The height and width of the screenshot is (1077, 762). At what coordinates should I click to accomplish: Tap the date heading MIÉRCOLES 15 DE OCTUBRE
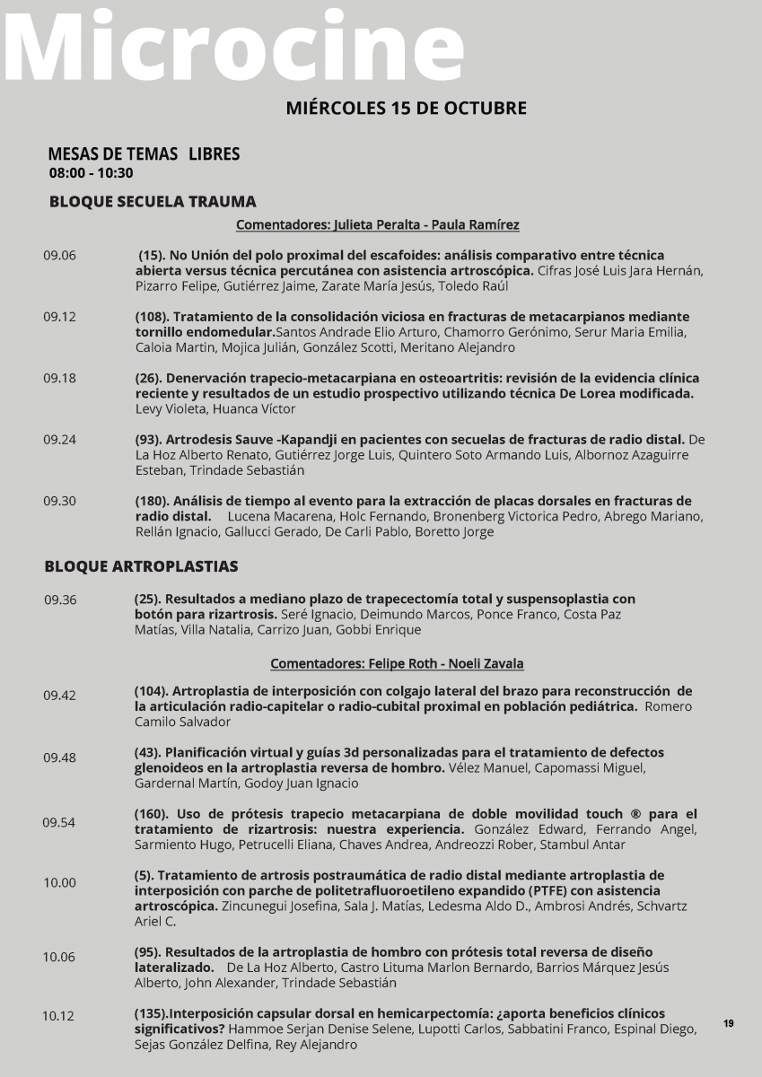406,108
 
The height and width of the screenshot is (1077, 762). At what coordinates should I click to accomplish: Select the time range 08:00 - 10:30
91,173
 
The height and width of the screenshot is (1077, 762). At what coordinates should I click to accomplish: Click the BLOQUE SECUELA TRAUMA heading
153,201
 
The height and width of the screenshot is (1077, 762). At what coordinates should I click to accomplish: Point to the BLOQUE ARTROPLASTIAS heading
141,566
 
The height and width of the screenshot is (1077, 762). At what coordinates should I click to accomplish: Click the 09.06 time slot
60,255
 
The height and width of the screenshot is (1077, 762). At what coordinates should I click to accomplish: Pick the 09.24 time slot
60,439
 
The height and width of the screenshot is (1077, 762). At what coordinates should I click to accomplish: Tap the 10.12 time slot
58,1016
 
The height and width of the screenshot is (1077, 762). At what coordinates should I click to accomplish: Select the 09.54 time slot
59,822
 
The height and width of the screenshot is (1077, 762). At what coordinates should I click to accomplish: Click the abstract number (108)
151,317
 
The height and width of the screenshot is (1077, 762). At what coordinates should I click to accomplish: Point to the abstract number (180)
151,501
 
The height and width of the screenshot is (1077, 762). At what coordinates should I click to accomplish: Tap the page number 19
728,1023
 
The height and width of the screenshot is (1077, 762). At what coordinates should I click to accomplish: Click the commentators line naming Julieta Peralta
377,225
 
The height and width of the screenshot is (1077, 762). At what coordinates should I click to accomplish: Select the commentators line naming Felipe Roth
397,664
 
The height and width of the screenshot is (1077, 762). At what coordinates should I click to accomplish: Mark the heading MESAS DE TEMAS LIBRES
144,154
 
